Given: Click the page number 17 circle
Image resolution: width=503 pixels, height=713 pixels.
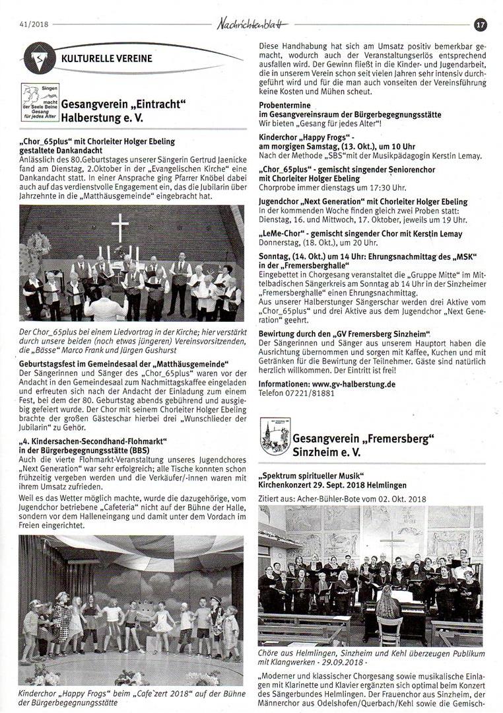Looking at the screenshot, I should coord(481,24).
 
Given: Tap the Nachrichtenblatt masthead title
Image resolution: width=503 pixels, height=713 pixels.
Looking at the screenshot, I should coord(253,24).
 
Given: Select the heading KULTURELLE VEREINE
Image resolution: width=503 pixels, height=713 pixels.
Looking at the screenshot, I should coord(106,58).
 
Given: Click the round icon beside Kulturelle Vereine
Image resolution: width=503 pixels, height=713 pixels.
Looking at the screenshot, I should coord(40,58).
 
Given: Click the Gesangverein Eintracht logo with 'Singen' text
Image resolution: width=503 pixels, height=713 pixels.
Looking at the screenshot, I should coord(40,102).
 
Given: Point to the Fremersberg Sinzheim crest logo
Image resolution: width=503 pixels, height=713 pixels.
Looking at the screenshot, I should coord(275,436).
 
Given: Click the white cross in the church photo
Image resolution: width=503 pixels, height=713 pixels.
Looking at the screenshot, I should coord(119,227).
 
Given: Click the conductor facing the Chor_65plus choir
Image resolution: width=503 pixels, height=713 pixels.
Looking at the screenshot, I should coord(106,306).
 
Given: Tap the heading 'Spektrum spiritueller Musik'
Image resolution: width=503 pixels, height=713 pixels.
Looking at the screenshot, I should coord(309,475).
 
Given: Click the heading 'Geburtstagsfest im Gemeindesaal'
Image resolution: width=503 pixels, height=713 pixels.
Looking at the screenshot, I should coord(124,363).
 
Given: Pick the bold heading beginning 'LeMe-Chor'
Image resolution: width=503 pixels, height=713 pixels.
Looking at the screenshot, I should coord(360,234).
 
